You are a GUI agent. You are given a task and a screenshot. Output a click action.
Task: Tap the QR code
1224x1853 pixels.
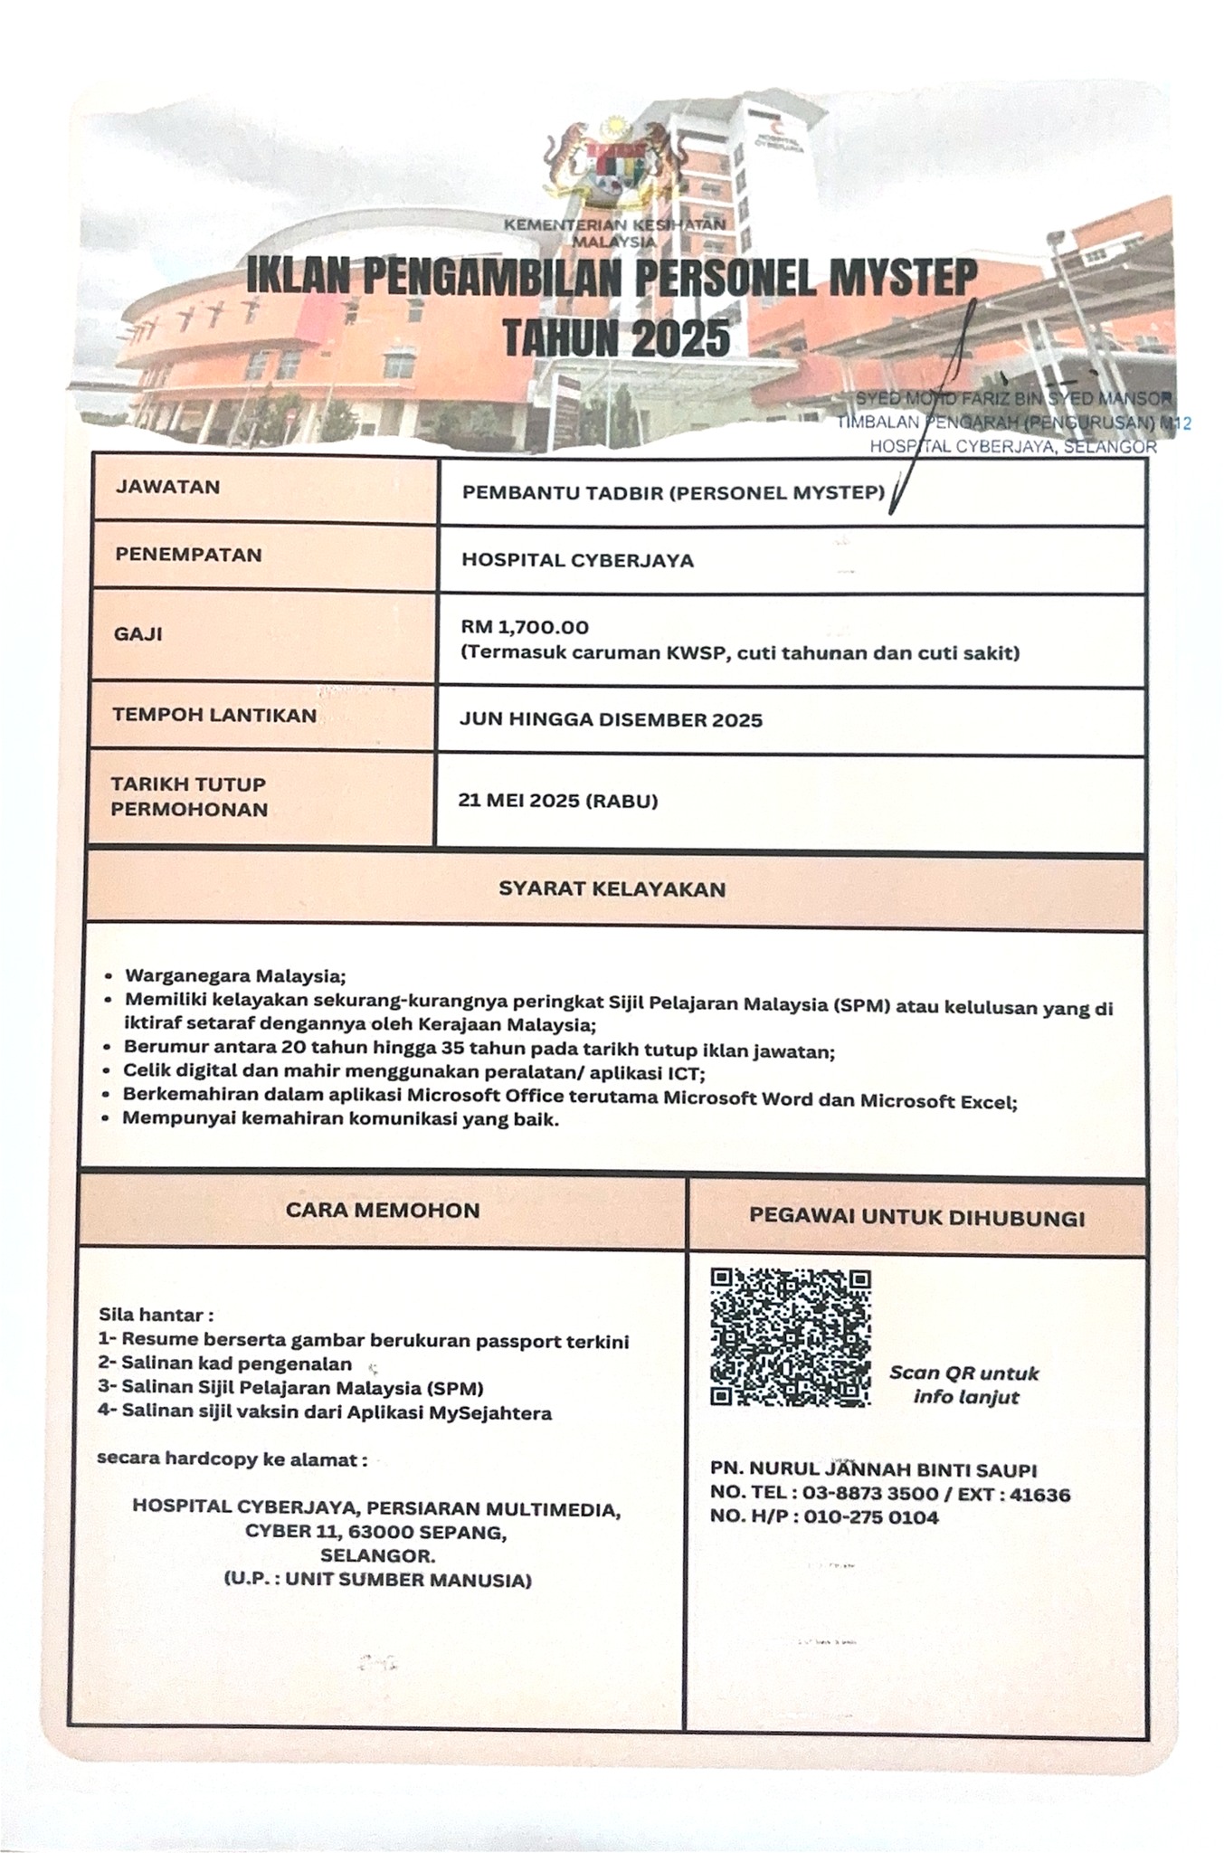(x=790, y=1336)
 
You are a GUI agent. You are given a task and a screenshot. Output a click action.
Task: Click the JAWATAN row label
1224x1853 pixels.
(x=167, y=487)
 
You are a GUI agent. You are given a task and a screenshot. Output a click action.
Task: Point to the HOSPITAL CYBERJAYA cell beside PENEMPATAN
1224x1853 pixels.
(x=577, y=560)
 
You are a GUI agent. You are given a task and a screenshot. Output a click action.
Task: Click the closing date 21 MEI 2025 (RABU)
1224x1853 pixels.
(x=558, y=801)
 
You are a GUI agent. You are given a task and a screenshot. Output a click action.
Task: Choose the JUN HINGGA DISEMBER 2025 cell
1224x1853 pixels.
(x=611, y=720)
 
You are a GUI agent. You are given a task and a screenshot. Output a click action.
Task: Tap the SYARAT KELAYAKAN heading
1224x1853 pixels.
(x=612, y=889)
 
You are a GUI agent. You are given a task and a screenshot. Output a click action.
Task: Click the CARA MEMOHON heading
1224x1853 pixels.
(x=383, y=1211)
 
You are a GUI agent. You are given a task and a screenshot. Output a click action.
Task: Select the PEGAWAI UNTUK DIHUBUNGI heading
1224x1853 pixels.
(x=916, y=1217)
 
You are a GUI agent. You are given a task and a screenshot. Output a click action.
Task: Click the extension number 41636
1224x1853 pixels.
(x=1039, y=1495)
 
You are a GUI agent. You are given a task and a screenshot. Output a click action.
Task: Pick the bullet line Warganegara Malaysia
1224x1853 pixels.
(x=235, y=976)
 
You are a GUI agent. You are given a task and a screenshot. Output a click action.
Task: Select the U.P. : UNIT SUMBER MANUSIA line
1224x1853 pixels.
(x=377, y=1581)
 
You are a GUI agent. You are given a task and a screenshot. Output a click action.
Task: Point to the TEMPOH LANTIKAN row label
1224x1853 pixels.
(x=214, y=716)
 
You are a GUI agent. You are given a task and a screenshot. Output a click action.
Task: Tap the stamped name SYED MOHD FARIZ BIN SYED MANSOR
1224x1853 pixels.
(x=1013, y=399)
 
